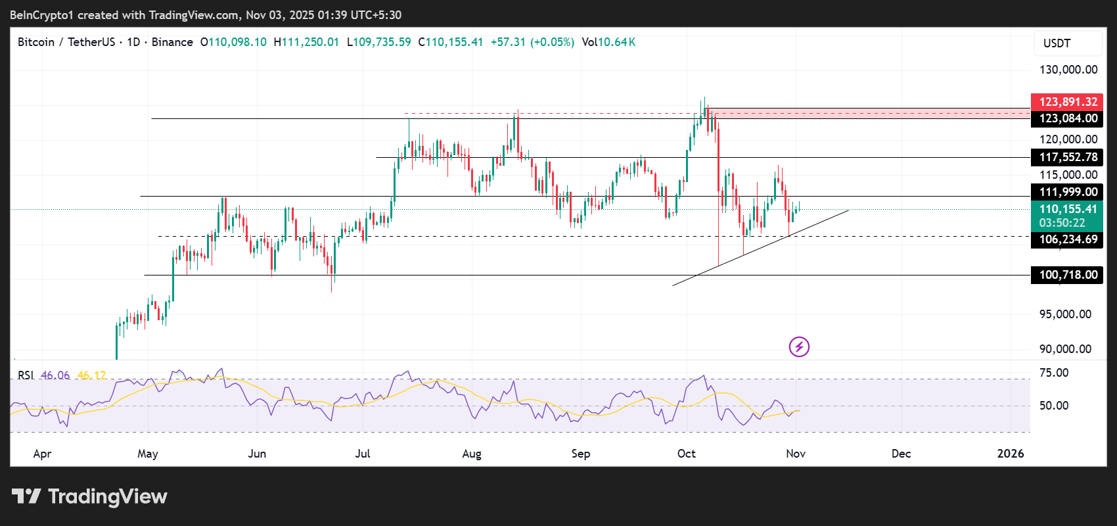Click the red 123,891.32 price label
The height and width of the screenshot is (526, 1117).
[1068, 102]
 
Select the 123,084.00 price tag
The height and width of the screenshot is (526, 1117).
[1068, 118]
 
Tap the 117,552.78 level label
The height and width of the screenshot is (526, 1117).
[1068, 157]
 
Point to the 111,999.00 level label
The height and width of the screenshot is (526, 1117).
[1068, 192]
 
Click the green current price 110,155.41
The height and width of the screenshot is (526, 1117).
[1068, 209]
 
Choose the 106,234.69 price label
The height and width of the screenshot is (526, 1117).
[1068, 239]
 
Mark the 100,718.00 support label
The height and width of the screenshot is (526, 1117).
[1068, 275]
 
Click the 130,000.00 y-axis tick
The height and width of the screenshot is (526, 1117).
[1068, 70]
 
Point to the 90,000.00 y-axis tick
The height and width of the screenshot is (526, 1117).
[1065, 349]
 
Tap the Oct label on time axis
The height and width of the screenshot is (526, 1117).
[686, 454]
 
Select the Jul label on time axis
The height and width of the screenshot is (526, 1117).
[362, 454]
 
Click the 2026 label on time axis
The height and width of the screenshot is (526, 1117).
[1010, 454]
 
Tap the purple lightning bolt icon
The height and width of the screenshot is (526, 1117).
[799, 347]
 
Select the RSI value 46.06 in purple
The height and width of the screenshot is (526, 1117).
[55, 375]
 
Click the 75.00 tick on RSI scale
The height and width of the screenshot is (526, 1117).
[1054, 373]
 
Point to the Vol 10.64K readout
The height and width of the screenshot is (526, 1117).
[608, 42]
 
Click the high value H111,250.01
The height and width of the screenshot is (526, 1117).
[306, 42]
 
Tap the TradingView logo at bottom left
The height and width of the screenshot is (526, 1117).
[89, 496]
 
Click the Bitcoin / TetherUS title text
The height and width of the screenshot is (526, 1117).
[66, 42]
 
